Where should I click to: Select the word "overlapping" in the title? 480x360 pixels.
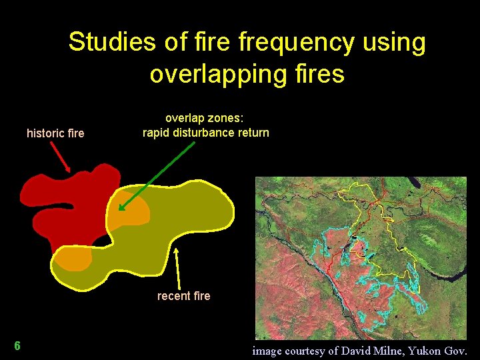coord(202,73)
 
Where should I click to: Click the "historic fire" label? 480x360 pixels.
coord(55,133)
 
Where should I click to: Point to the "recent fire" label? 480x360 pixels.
coord(183,296)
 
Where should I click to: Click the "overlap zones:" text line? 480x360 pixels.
coord(205,119)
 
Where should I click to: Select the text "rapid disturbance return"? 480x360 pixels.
coord(206,132)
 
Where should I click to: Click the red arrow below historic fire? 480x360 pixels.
coord(61,158)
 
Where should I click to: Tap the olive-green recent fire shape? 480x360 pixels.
coord(180,220)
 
